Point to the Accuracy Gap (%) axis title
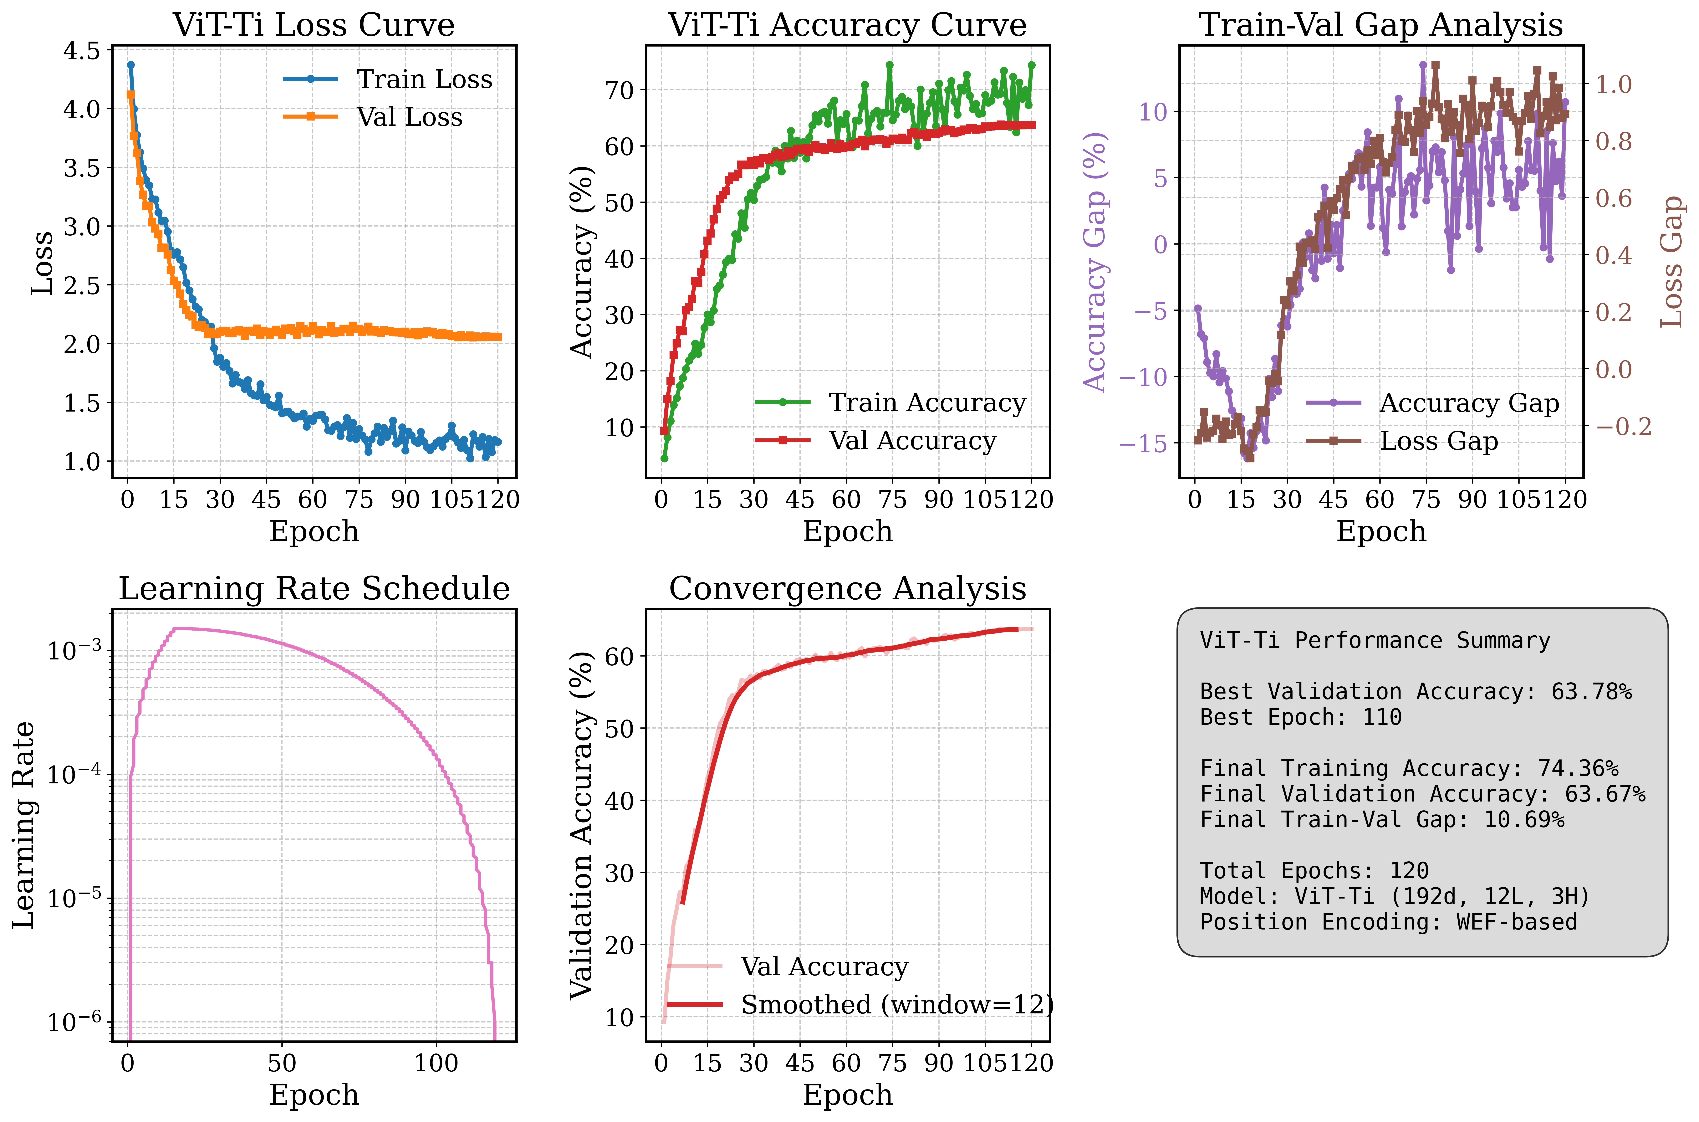[x=1094, y=262]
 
